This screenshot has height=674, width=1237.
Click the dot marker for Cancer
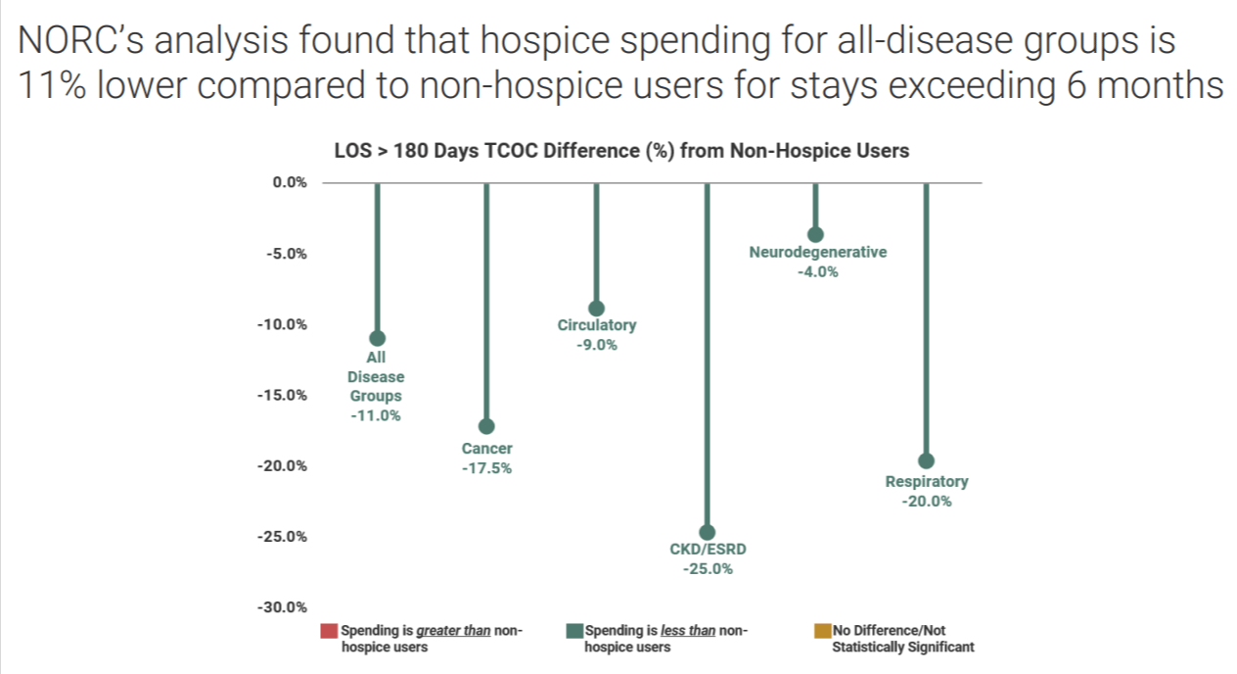(486, 426)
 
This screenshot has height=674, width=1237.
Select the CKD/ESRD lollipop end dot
(707, 532)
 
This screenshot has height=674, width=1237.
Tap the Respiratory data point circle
(926, 461)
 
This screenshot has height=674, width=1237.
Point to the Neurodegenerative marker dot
(815, 234)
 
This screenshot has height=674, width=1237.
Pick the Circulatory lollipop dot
(596, 309)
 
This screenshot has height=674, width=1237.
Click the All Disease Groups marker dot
(377, 338)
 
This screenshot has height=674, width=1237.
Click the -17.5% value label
(486, 468)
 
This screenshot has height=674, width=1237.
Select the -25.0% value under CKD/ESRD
(708, 568)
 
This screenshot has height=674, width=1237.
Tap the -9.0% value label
(597, 345)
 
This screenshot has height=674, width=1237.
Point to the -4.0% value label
(817, 271)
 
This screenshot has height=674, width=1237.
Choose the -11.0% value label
(376, 415)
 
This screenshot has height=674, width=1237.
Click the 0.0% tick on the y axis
(290, 182)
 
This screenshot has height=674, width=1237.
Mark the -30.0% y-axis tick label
(282, 607)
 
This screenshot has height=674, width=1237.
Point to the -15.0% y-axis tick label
(282, 395)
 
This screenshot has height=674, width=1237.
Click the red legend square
(329, 631)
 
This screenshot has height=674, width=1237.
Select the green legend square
(574, 631)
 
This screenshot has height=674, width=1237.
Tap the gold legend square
(822, 631)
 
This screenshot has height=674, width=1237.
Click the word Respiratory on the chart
(926, 482)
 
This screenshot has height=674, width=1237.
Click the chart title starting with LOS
(621, 151)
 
